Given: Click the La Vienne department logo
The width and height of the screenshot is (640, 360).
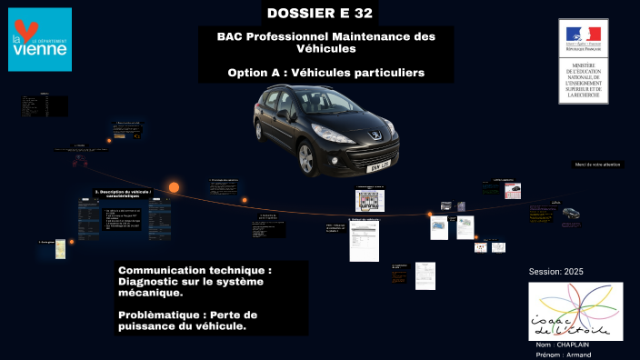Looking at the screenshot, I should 39,39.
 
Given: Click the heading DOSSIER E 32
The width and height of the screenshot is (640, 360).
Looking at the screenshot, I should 320,13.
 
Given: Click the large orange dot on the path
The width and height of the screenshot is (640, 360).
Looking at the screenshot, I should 174,187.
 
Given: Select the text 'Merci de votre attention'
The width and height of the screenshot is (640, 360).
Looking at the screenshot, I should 597,165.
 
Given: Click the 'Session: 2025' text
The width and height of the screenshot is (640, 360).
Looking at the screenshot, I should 555,272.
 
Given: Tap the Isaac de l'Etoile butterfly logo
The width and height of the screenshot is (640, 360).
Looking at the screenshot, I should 575,311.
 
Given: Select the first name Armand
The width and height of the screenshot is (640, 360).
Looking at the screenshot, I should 578,355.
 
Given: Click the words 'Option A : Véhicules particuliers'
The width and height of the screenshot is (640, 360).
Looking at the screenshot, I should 326,72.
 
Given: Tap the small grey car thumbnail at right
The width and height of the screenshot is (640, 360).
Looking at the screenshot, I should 571,214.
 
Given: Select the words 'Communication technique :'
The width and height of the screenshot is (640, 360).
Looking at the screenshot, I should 195,271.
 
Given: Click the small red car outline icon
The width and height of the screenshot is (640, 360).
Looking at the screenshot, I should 80,161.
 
